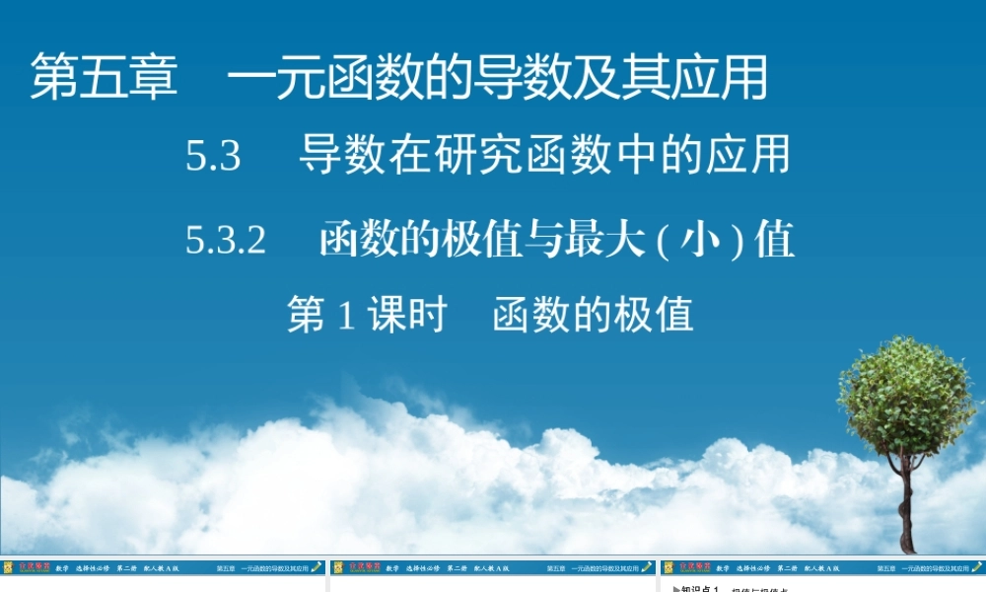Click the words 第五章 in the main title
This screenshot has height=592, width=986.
[105, 78]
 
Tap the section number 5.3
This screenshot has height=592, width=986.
[213, 157]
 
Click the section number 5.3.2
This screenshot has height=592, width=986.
[226, 241]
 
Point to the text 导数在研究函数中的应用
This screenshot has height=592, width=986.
[544, 156]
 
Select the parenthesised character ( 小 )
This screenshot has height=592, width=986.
[699, 241]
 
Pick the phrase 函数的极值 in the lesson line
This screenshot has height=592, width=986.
[594, 315]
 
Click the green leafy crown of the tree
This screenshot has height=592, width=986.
[905, 395]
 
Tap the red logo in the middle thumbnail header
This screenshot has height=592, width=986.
[358, 567]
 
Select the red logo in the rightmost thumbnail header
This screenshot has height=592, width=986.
[688, 567]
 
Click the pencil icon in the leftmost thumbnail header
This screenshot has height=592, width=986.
[317, 567]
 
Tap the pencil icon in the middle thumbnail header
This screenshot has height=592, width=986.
[647, 567]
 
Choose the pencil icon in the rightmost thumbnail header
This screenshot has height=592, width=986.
[977, 567]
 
